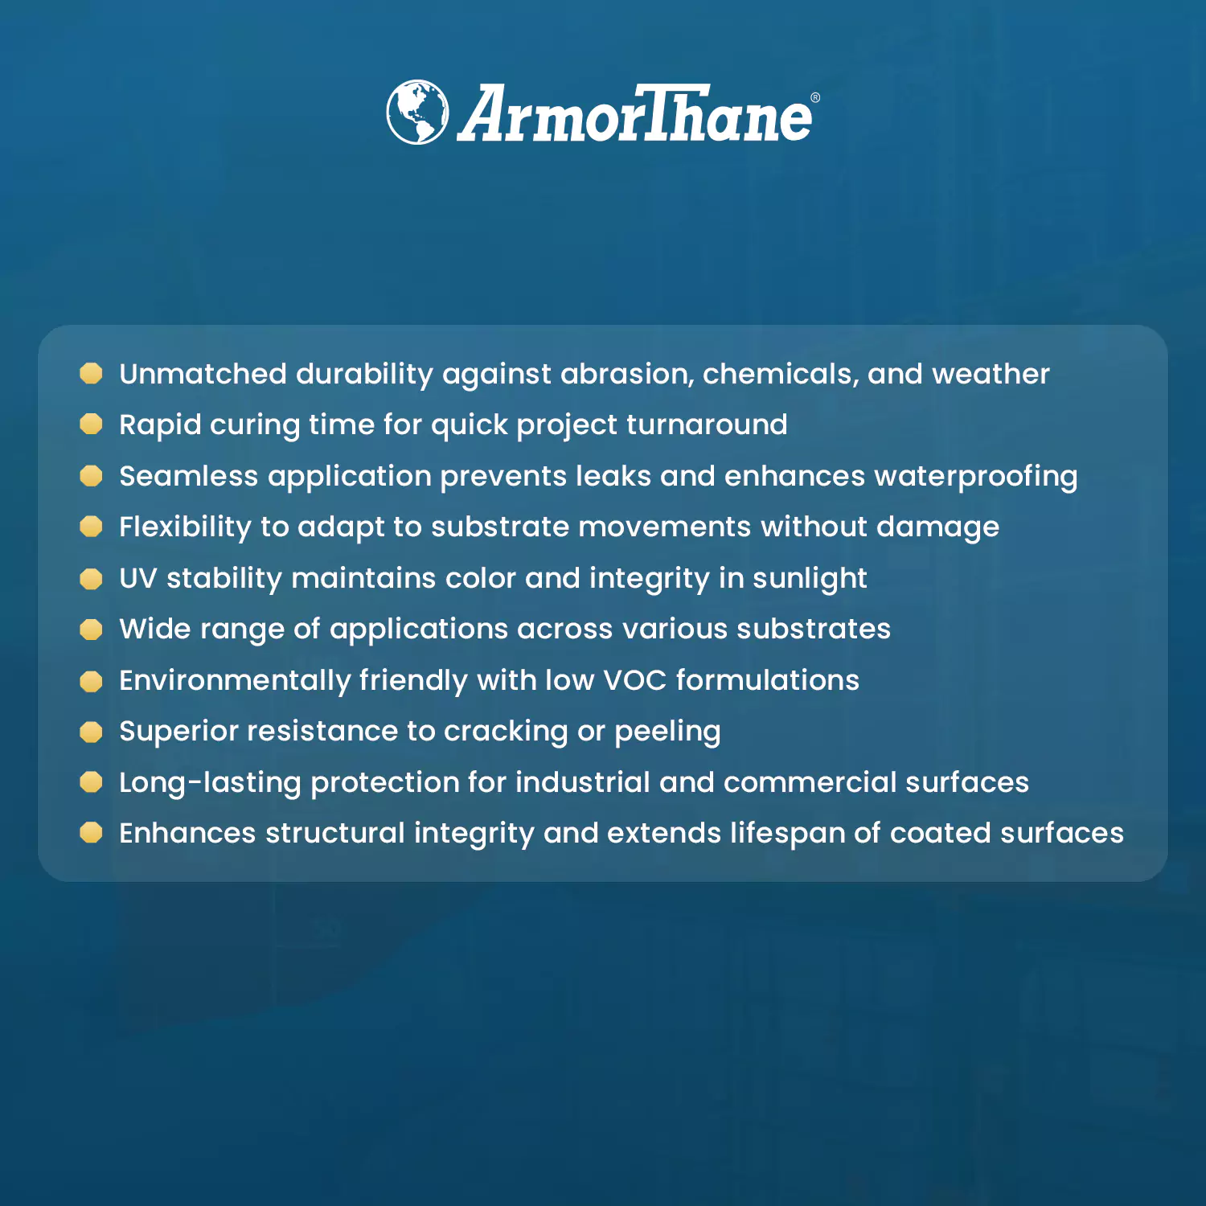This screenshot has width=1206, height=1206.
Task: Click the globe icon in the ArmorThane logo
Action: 417,112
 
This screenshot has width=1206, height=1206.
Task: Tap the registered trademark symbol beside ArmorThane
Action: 815,97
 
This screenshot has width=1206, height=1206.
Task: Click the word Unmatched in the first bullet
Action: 203,374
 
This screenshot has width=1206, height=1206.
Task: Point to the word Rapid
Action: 160,425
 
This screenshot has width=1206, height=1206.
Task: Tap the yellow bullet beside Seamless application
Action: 92,476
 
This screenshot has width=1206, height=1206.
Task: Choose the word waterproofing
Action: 976,477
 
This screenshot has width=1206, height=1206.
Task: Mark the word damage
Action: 937,527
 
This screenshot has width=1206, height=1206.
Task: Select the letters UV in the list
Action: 138,578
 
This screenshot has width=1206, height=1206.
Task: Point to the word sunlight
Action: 810,579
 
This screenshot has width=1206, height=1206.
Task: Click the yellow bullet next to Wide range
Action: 92,630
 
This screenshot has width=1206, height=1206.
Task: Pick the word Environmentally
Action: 235,681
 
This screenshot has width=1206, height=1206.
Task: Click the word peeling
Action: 667,732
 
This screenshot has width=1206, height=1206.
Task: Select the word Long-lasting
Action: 210,783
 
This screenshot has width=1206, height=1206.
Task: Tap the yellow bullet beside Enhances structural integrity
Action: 92,833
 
